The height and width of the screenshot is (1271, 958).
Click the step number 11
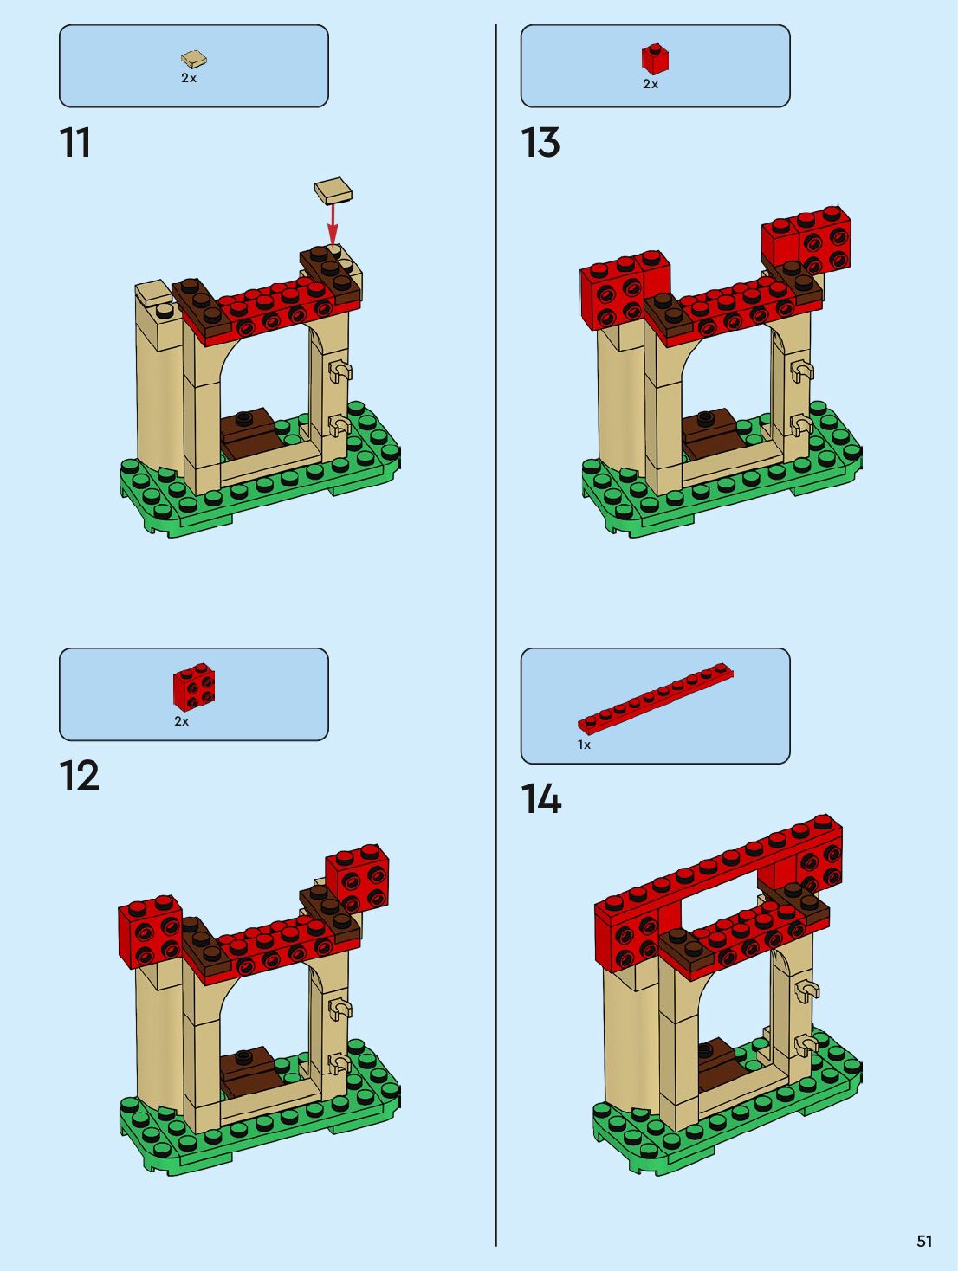pos(75,143)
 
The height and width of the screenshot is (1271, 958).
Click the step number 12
pos(79,776)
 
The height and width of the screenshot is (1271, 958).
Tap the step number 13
pos(540,143)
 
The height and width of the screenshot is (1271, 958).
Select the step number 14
pos(540,799)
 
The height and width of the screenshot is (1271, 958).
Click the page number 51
pos(924,1241)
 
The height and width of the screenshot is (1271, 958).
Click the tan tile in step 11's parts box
pos(194,59)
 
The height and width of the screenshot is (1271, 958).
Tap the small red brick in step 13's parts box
pos(655,59)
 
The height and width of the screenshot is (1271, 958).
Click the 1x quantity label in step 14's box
pos(584,745)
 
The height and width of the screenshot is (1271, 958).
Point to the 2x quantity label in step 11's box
pos(189,78)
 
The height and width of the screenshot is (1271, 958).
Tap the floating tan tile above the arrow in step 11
pos(333,190)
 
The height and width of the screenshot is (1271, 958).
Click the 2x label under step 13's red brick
pos(651,84)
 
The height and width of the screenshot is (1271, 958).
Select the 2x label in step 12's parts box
pos(181,721)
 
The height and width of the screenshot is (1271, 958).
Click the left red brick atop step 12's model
pos(149,931)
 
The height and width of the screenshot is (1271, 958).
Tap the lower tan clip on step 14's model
pos(804,1044)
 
